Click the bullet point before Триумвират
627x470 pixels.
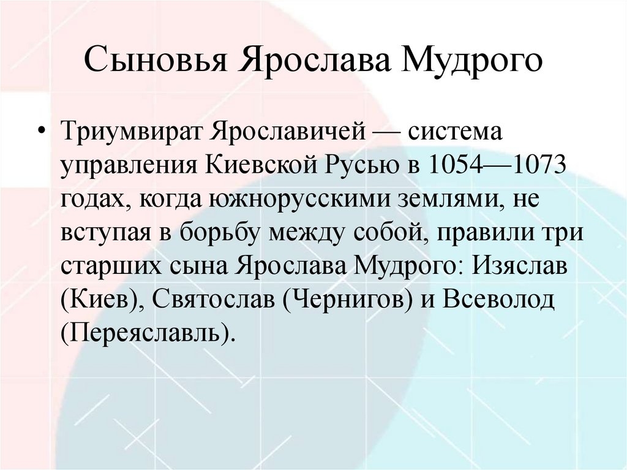[42, 134]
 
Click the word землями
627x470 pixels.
[440, 200]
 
